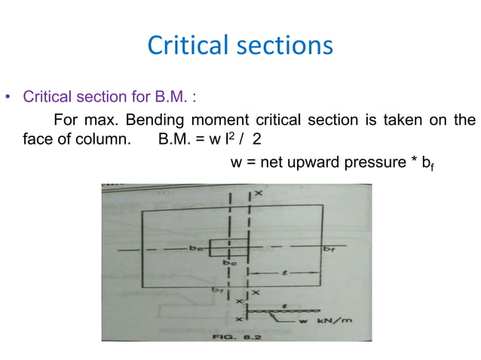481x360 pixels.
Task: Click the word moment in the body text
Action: pyautogui.click(x=242, y=121)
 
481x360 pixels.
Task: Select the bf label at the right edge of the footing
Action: pyautogui.click(x=329, y=247)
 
